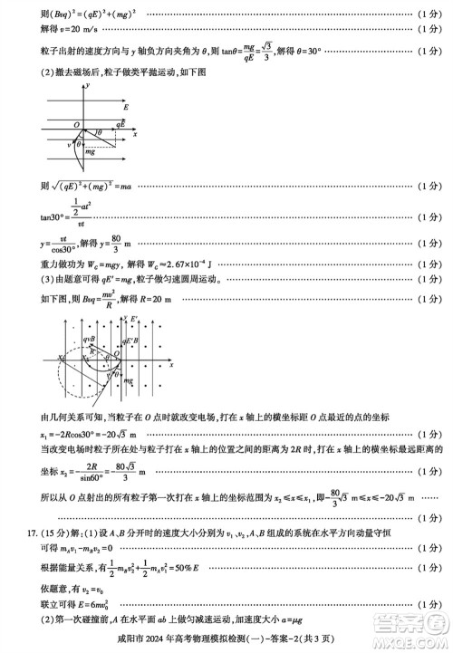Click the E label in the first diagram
(125, 108)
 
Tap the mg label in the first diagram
(90, 151)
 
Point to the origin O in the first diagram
(78, 126)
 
